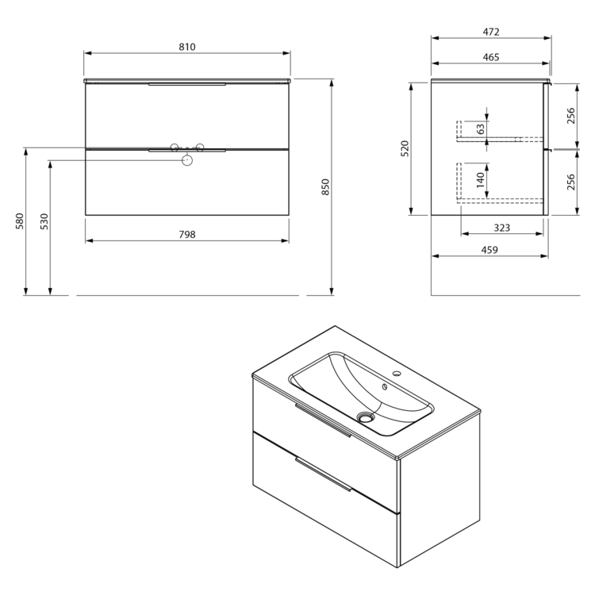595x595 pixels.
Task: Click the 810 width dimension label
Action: click(187, 47)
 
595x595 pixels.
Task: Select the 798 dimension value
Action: click(187, 235)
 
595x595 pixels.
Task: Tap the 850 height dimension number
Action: click(325, 187)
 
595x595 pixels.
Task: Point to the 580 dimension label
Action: click(19, 221)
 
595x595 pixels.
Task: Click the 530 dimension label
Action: click(44, 221)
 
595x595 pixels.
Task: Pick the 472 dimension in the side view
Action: click(491, 32)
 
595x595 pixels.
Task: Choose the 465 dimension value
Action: click(491, 57)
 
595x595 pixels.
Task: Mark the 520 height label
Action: click(405, 149)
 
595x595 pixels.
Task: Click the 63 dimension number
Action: click(481, 129)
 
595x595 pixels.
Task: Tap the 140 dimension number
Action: click(481, 180)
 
